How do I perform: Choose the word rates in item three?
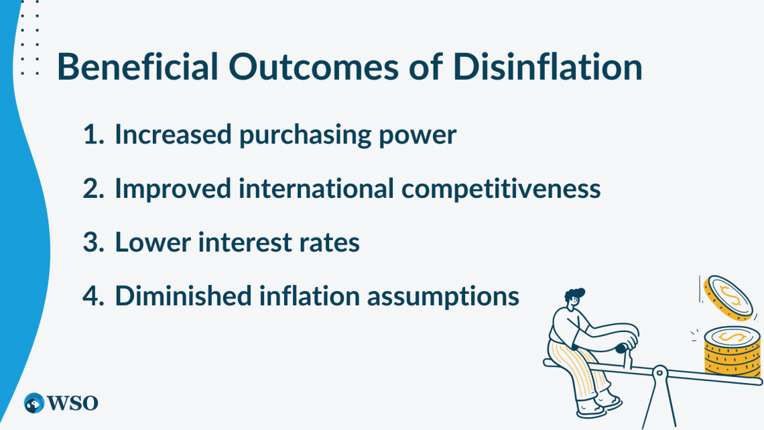coord(327,242)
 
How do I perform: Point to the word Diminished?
coord(177,296)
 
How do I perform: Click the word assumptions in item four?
coord(447,296)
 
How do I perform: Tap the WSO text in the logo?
coord(72,403)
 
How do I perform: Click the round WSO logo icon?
coord(34,403)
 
